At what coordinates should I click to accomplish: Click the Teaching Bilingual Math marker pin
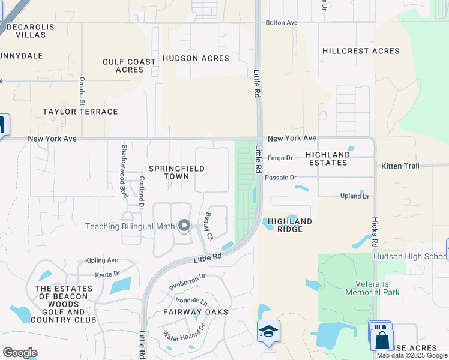pyautogui.click(x=184, y=226)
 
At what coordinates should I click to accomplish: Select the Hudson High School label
pyautogui.click(x=411, y=256)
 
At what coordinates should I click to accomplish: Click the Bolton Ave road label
pyautogui.click(x=283, y=23)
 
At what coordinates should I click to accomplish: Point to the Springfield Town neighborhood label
pyautogui.click(x=177, y=173)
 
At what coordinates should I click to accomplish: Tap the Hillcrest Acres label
pyautogui.click(x=361, y=51)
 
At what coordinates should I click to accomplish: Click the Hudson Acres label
pyautogui.click(x=196, y=58)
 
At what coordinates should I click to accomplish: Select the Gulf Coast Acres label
pyautogui.click(x=129, y=65)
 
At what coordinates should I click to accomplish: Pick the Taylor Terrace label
pyautogui.click(x=80, y=112)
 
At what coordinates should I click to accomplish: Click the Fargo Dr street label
pyautogui.click(x=280, y=158)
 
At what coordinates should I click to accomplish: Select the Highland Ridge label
pyautogui.click(x=290, y=226)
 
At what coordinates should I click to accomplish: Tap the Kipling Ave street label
pyautogui.click(x=102, y=260)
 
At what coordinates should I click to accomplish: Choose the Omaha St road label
pyautogui.click(x=82, y=91)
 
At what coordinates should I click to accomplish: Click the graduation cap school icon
pyautogui.click(x=268, y=331)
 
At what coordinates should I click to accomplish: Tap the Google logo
pyautogui.click(x=20, y=353)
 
